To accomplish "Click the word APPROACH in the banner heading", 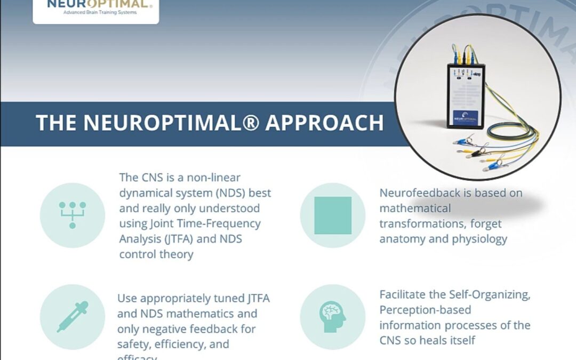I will tap(324, 123).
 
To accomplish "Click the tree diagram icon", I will tap(73, 215).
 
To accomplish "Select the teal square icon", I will tap(333, 215).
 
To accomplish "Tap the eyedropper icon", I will tap(73, 317).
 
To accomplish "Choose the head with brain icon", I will tap(333, 317).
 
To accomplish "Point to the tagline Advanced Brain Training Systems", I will tap(96, 12).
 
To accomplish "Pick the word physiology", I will tap(481, 238).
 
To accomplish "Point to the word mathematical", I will tap(415, 208).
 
